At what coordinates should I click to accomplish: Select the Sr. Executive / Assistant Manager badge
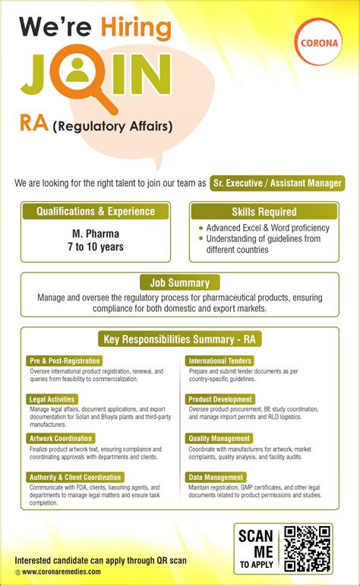(x=276, y=183)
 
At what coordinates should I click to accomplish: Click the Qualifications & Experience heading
(x=95, y=212)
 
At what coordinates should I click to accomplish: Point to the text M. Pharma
(x=95, y=233)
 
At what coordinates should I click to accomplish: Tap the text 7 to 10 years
(x=95, y=247)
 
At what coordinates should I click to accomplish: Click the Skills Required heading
(x=264, y=212)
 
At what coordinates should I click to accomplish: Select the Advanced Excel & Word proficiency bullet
(x=267, y=228)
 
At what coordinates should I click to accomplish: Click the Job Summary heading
(x=180, y=282)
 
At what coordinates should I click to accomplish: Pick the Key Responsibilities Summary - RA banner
(x=180, y=339)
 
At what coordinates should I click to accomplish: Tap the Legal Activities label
(x=53, y=399)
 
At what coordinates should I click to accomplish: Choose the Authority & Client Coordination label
(x=74, y=477)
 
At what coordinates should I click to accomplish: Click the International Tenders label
(x=220, y=361)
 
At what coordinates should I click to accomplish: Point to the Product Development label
(x=220, y=399)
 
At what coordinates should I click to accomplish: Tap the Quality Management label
(x=219, y=438)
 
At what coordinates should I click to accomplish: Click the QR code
(x=307, y=549)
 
